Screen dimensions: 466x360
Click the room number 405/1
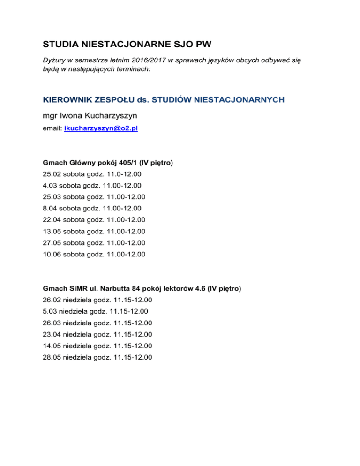point(120,163)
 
